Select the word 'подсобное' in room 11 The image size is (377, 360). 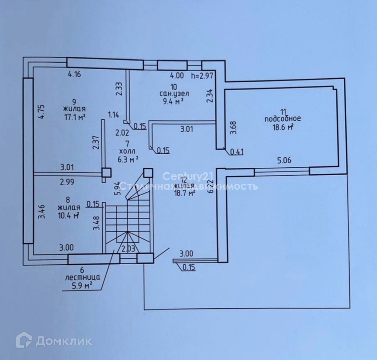(282, 119)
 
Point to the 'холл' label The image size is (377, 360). (127, 151)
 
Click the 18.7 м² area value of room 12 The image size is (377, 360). (184, 193)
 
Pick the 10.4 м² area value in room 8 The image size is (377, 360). (68, 215)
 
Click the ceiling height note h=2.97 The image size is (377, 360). (202, 76)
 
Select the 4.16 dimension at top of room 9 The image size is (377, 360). (74, 74)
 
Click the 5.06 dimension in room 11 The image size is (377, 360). (284, 160)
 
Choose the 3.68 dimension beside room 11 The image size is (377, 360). (233, 127)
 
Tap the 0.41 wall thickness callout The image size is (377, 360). (237, 152)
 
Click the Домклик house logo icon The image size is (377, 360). (24, 340)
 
